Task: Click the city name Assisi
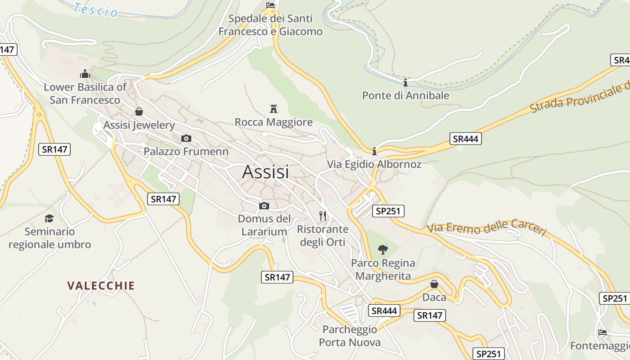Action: pyautogui.click(x=265, y=172)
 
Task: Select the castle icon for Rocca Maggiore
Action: pyautogui.click(x=273, y=108)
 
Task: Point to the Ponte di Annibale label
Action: pyautogui.click(x=405, y=95)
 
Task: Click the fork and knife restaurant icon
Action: pyautogui.click(x=323, y=216)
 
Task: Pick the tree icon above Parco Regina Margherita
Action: pyautogui.click(x=383, y=249)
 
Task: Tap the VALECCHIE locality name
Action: pyautogui.click(x=101, y=286)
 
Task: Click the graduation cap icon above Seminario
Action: pyautogui.click(x=49, y=218)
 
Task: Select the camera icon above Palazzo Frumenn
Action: pyautogui.click(x=186, y=138)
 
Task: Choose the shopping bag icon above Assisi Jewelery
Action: pyautogui.click(x=139, y=111)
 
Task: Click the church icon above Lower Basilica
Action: pyautogui.click(x=85, y=73)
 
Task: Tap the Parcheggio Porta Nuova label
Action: pyautogui.click(x=350, y=336)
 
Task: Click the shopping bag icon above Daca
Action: pyautogui.click(x=434, y=284)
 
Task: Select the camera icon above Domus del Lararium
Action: pyautogui.click(x=264, y=206)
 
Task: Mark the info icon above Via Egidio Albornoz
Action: pyautogui.click(x=374, y=151)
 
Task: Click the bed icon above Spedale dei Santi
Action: pyautogui.click(x=270, y=5)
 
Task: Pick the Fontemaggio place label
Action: pyautogui.click(x=600, y=346)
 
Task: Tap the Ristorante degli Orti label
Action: pyautogui.click(x=323, y=235)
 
